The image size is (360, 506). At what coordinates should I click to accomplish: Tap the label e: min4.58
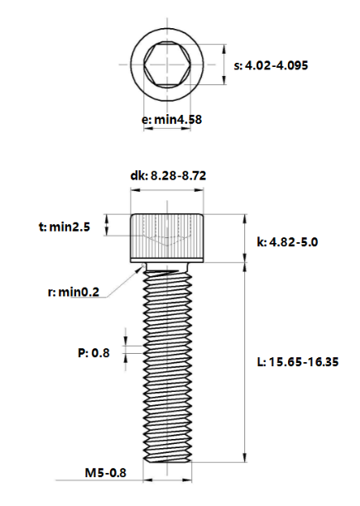pyautogui.click(x=168, y=120)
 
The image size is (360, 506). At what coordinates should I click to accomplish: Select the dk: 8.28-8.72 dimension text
pyautogui.click(x=168, y=176)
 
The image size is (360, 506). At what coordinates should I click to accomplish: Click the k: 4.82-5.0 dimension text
pyautogui.click(x=288, y=242)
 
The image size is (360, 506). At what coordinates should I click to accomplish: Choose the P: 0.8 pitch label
pyautogui.click(x=94, y=353)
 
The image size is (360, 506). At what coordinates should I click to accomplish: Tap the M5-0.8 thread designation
pyautogui.click(x=105, y=474)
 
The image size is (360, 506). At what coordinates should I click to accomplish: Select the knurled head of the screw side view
pyautogui.click(x=166, y=238)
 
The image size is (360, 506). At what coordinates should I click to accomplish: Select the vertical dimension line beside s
pyautogui.click(x=224, y=64)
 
